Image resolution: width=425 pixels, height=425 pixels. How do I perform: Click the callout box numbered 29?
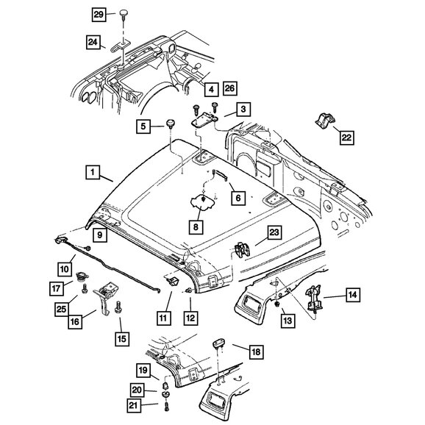99,15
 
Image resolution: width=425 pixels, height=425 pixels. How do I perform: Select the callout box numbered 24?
93,43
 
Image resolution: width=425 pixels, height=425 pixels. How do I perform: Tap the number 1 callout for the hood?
93,172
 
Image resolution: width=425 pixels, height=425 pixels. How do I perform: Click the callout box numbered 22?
347,137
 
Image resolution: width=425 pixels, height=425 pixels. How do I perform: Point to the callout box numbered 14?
353,295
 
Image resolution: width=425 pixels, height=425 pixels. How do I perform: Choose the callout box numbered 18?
256,351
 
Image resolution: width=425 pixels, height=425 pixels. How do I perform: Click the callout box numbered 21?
134,405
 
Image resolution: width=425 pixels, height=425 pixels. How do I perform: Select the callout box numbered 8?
196,227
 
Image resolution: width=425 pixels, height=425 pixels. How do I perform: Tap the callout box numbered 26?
230,88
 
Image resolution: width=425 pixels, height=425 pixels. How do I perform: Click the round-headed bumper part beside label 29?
124,13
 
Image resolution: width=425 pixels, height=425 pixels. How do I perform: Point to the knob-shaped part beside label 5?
170,124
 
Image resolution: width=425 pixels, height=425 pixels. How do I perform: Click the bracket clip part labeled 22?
325,120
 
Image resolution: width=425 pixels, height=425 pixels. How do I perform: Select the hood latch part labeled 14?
314,299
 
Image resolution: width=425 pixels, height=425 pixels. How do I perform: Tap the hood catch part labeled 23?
242,249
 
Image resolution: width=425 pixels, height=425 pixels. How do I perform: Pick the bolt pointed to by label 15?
118,307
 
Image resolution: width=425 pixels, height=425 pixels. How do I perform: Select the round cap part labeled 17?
82,276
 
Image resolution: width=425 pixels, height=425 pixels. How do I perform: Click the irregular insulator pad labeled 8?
203,202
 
